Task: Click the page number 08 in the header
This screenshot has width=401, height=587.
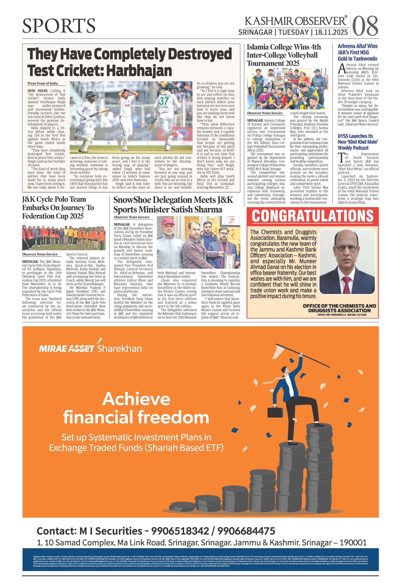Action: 365,26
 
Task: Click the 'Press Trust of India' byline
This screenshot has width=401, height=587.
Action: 43,83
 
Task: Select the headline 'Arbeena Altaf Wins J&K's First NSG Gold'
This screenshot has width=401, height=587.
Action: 357,52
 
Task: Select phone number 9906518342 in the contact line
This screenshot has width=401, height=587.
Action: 180,531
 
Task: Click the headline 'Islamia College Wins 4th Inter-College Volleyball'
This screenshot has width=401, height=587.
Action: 284,55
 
